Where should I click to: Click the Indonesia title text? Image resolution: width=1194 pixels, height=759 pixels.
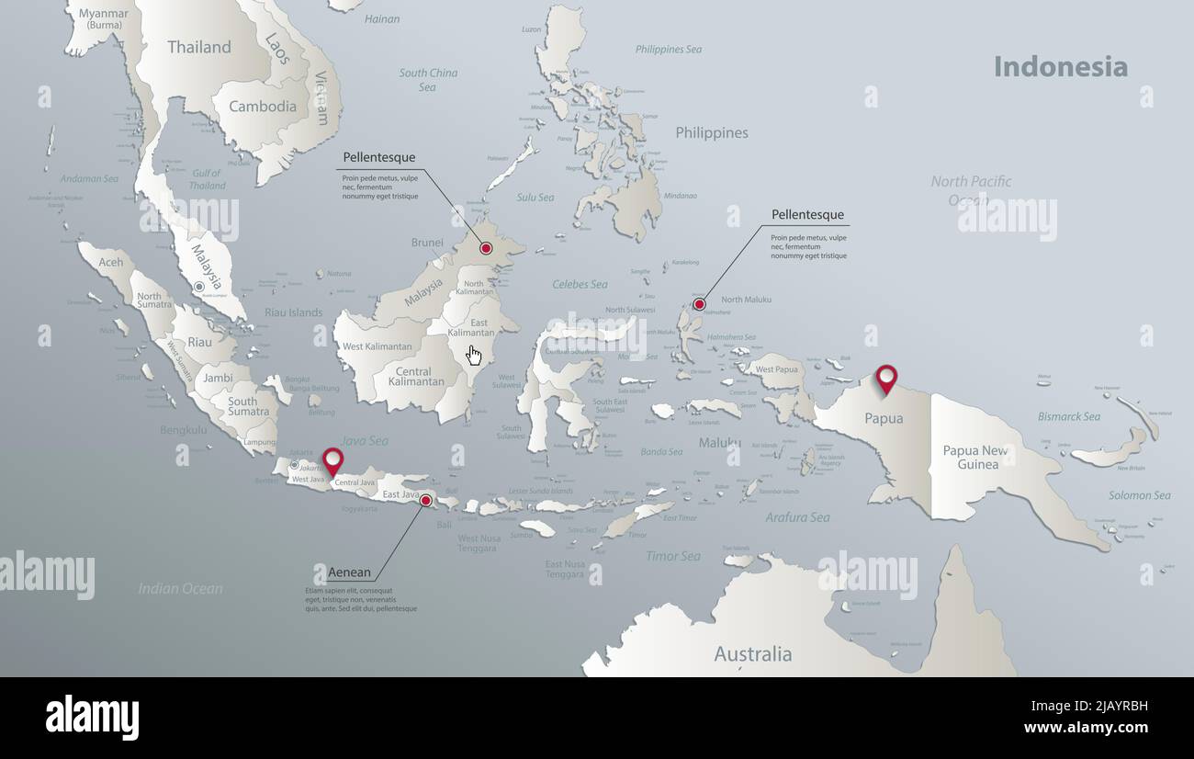1060,67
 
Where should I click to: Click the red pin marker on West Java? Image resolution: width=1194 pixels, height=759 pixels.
332,459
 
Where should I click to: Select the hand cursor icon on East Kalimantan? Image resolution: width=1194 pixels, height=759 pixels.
474,356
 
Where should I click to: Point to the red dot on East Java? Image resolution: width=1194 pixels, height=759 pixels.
425,501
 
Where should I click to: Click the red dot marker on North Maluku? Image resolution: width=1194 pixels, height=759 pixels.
699,304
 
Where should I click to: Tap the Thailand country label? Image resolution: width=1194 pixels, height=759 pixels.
199,48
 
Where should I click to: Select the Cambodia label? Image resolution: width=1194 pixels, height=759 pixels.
263,107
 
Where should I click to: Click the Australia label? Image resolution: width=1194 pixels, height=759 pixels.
753,654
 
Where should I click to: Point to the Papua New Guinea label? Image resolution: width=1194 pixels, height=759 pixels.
975,458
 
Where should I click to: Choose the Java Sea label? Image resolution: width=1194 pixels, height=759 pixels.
365,441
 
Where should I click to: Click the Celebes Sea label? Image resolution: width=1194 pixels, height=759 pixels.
580,285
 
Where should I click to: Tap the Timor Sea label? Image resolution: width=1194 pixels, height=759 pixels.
672,556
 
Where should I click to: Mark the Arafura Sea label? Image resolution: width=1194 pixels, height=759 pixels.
797,517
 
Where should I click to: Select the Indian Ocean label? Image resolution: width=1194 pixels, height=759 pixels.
180,588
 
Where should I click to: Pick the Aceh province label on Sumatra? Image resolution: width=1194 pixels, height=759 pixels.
110,263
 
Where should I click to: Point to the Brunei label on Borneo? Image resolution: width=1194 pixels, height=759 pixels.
427,244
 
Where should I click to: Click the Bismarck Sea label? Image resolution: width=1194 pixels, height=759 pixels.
1068,417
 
